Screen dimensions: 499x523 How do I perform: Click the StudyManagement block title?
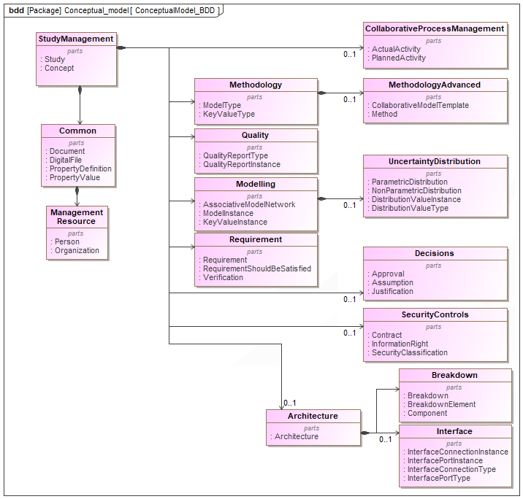pos(76,39)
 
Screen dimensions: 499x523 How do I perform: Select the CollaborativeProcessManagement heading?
pos(435,28)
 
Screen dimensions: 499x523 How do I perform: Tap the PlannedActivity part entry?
pos(399,58)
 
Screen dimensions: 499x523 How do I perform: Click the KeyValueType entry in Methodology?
pos(229,114)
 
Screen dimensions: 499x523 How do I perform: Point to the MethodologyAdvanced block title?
pos(435,85)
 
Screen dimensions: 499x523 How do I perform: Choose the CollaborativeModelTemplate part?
pos(420,105)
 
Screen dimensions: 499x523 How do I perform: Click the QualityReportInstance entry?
pos(242,164)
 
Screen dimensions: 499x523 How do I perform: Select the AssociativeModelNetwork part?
pos(249,204)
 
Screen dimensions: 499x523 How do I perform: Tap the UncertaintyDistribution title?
pos(435,161)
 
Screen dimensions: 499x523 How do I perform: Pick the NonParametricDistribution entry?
pos(416,190)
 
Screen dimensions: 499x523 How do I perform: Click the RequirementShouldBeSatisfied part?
pos(256,268)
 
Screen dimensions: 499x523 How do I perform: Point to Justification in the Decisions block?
pos(392,291)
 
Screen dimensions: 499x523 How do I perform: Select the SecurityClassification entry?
pos(410,352)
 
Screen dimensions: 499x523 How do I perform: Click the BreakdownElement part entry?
pos(441,404)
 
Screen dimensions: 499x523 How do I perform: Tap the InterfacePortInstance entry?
pos(445,460)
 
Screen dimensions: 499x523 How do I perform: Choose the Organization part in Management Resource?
pos(77,250)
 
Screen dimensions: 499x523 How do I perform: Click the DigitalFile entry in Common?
pos(66,160)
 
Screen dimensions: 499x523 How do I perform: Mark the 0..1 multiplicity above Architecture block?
pos(290,403)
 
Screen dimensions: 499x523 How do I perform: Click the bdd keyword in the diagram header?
pos(16,11)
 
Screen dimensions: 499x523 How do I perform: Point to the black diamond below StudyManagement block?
pos(80,91)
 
